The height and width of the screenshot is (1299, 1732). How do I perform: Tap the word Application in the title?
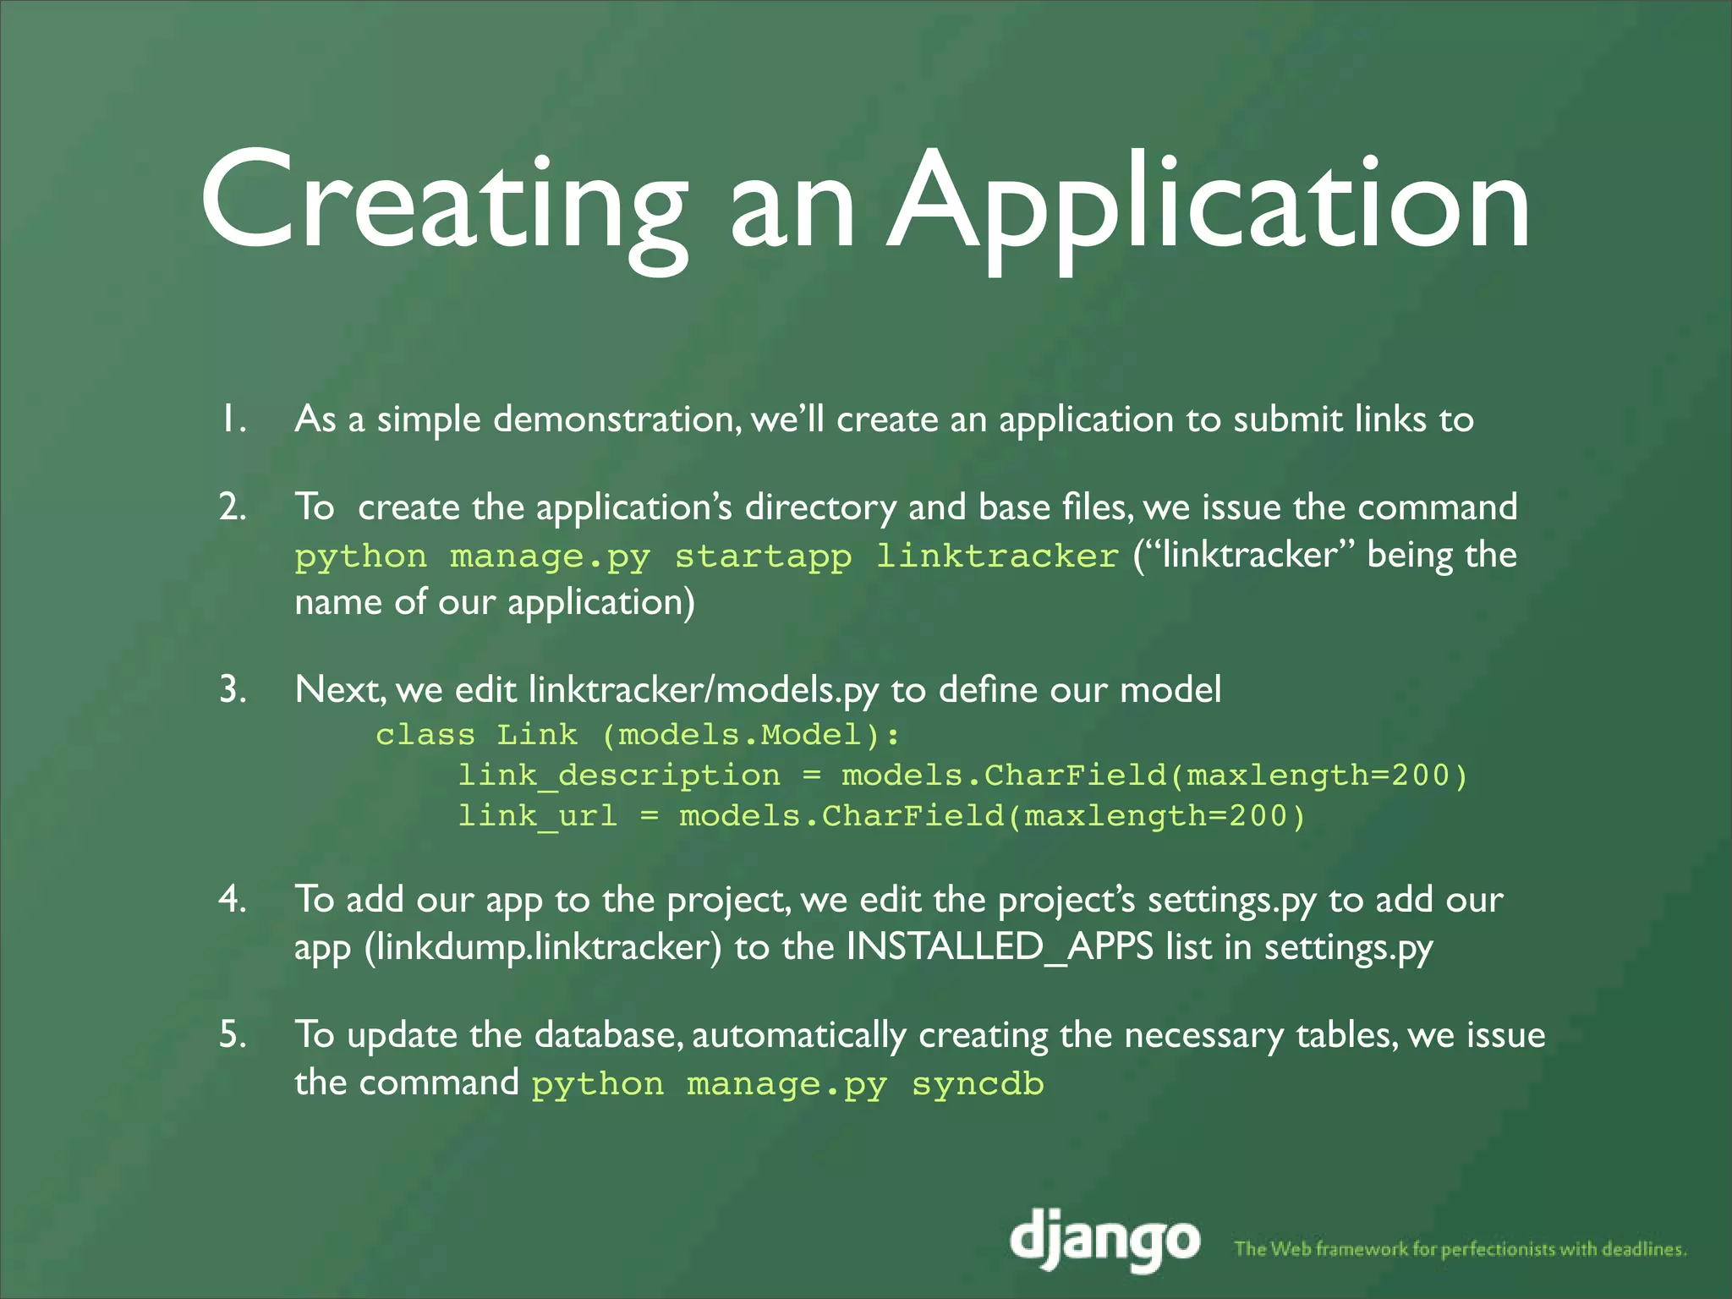pyautogui.click(x=1209, y=203)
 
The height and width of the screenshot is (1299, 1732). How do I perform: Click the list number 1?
pyautogui.click(x=232, y=419)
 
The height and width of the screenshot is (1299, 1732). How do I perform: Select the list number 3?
pyautogui.click(x=233, y=690)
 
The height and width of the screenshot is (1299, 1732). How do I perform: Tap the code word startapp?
pyautogui.click(x=763, y=556)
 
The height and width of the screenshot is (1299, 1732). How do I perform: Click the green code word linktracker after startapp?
pyautogui.click(x=997, y=556)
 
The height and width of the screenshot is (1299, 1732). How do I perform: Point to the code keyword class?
pyautogui.click(x=425, y=734)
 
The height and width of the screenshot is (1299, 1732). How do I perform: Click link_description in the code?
pyautogui.click(x=619, y=776)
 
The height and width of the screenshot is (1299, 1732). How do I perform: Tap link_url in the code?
pyautogui.click(x=538, y=816)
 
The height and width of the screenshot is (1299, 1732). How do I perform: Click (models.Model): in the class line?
pyautogui.click(x=751, y=734)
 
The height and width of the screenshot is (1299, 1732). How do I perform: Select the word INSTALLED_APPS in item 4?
pyautogui.click(x=1000, y=946)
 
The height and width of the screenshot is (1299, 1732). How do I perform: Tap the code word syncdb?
pyautogui.click(x=978, y=1084)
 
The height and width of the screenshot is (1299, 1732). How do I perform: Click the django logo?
pyautogui.click(x=1105, y=1240)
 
